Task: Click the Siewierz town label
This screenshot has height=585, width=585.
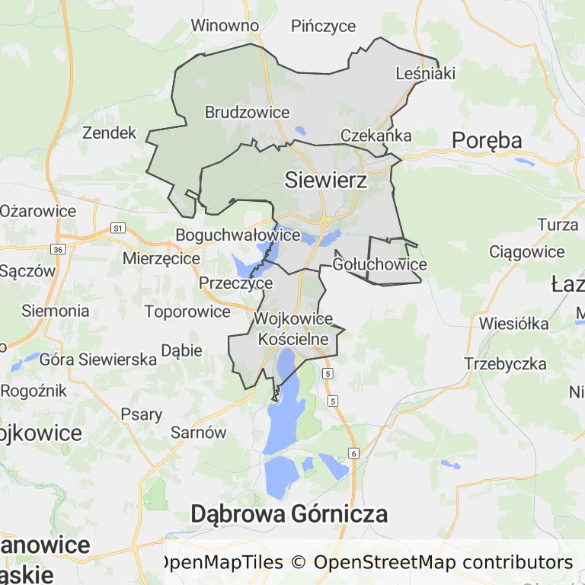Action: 325,181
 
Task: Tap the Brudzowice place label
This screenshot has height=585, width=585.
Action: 247,113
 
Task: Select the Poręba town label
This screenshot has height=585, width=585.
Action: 487,140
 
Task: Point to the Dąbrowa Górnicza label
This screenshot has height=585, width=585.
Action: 289,514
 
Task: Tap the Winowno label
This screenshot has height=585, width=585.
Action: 225,26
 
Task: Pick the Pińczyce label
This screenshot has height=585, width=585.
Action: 324,26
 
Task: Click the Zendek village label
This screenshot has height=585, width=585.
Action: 109,133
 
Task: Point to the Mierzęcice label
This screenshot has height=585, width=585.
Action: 161,259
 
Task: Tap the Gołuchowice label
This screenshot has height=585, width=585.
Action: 379,265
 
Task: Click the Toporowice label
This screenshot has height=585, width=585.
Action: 187,312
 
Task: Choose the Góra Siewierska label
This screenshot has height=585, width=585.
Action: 98,360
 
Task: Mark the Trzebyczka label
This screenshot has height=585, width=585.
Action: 506,364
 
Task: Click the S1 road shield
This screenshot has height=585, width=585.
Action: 117,228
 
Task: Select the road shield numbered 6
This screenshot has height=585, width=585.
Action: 353,453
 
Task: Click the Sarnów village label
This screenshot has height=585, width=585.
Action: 199,433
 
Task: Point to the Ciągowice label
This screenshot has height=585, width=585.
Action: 527,252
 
